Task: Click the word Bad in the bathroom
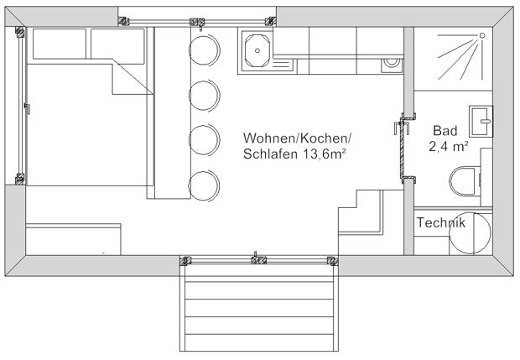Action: click(x=445, y=131)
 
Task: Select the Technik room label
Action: click(x=440, y=223)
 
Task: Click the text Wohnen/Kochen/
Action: click(x=298, y=138)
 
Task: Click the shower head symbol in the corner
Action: click(x=483, y=36)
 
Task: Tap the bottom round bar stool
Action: click(x=203, y=184)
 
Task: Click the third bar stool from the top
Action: click(x=203, y=138)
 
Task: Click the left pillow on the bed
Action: click(x=58, y=44)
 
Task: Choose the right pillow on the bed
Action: click(x=119, y=44)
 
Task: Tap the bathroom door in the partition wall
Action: click(x=404, y=147)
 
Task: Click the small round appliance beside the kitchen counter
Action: click(x=390, y=62)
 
